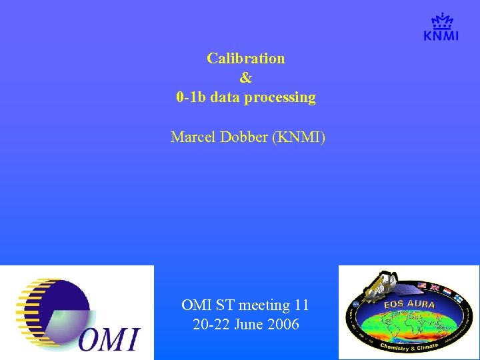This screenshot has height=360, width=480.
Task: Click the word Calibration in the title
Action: tap(245, 58)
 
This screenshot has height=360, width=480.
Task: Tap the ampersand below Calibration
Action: tap(245, 78)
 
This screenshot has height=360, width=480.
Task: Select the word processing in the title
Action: tap(280, 97)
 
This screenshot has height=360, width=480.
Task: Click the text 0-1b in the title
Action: tap(190, 97)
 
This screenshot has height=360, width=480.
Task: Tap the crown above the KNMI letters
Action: tap(441, 21)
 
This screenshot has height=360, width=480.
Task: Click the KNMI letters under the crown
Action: tap(441, 36)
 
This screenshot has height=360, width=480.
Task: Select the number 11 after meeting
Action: tap(301, 305)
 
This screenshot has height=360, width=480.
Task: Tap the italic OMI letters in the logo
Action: tap(111, 338)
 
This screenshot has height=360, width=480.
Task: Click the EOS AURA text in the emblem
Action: tap(409, 305)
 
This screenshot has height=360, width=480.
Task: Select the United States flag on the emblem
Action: tap(421, 287)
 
